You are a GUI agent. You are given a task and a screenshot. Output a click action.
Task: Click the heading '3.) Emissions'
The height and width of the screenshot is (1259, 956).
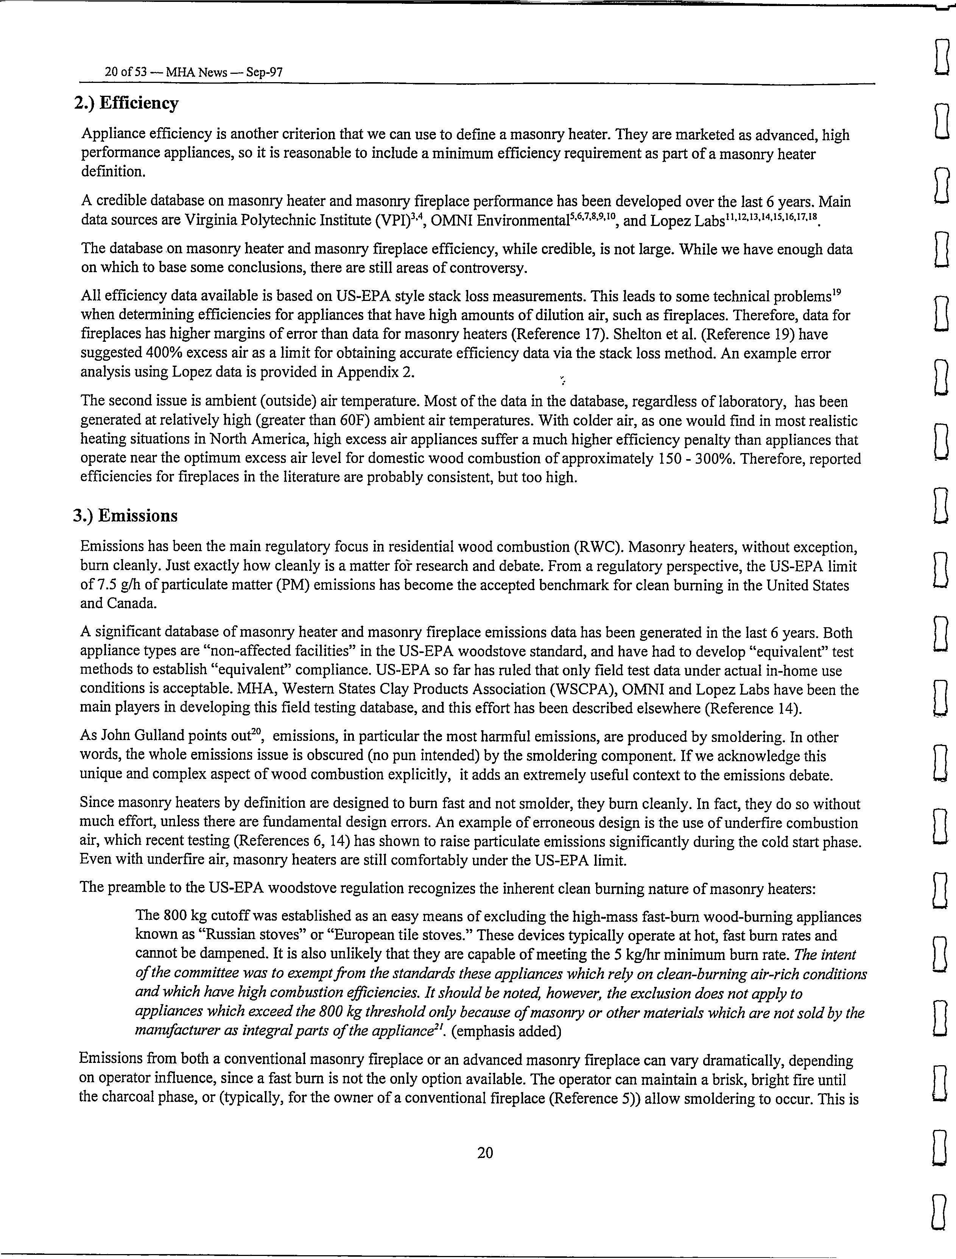click(x=125, y=516)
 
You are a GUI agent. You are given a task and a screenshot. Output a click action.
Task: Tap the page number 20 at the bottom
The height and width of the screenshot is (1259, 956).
click(x=485, y=1153)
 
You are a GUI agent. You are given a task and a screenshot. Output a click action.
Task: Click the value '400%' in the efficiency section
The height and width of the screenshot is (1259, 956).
click(x=163, y=354)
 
